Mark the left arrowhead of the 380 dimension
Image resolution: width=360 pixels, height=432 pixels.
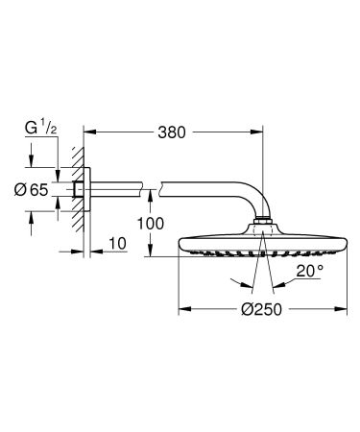tap(89, 130)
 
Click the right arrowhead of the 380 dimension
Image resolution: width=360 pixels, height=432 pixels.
tap(256, 130)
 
